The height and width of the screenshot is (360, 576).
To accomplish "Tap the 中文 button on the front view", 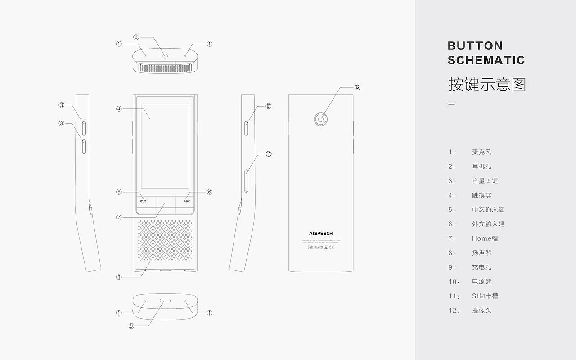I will [143, 201].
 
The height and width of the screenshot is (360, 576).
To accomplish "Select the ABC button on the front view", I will [187, 201].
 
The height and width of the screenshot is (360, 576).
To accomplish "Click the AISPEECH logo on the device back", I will [321, 234].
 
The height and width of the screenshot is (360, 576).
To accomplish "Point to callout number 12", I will [358, 87].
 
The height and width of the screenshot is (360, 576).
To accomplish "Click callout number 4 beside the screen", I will [119, 108].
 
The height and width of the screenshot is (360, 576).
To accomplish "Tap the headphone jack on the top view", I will [165, 56].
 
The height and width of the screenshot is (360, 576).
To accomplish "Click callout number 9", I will [131, 326].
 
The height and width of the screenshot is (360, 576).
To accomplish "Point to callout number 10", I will [268, 107].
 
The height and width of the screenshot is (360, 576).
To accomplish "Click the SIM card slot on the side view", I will [246, 180].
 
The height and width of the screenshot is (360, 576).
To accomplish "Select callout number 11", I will [269, 154].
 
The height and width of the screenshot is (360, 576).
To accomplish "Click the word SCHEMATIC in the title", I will [486, 60].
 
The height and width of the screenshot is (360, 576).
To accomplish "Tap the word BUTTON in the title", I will [475, 46].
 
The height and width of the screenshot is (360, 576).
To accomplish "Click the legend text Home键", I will [485, 238].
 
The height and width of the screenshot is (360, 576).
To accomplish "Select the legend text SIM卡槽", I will [485, 296].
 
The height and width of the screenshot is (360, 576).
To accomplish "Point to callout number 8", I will [119, 277].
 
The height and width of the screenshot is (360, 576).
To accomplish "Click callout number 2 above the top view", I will [136, 37].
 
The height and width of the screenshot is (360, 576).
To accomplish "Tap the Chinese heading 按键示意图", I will [487, 85].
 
